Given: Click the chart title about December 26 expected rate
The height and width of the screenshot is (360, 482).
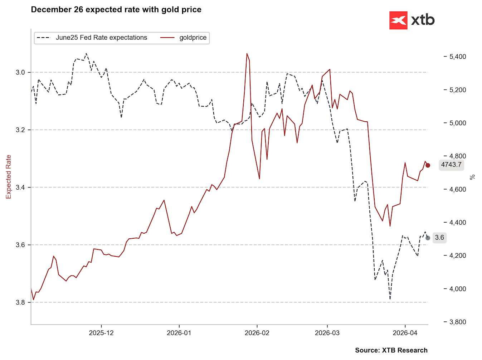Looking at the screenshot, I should coord(116,10).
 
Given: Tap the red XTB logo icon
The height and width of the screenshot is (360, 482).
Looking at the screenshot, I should coord(398,20).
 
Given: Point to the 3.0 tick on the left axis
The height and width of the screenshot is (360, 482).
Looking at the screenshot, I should coord(20,72).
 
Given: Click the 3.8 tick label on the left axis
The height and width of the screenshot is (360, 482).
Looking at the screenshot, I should coord(20,302).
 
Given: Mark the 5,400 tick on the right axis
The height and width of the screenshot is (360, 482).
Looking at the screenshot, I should coord(458,57).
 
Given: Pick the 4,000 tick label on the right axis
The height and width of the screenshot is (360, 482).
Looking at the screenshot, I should coord(458,289).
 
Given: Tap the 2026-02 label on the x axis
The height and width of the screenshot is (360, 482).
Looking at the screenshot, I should coord(257,333).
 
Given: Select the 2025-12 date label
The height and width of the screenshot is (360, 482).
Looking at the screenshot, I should coord(101,333).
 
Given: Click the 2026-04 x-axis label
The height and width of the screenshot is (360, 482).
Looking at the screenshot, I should coord(405,333).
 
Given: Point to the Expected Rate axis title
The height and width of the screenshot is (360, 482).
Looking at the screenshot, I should coord(9,177).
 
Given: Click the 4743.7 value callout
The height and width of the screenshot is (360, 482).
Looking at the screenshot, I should coord(451,165).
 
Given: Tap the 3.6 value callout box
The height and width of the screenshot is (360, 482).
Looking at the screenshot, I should coord(439,238).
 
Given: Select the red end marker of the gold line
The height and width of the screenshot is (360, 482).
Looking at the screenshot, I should coord(428,165).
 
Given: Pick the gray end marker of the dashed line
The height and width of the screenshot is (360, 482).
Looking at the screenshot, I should coord(428,238).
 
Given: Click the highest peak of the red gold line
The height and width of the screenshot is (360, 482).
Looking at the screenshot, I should coord(247,54).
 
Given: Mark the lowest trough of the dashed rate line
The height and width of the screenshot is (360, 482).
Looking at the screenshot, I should coord(390,299).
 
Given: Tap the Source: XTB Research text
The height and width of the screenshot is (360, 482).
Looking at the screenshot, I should coord(391,350).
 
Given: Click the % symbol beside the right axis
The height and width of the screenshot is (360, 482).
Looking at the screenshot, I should coord(472,177).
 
